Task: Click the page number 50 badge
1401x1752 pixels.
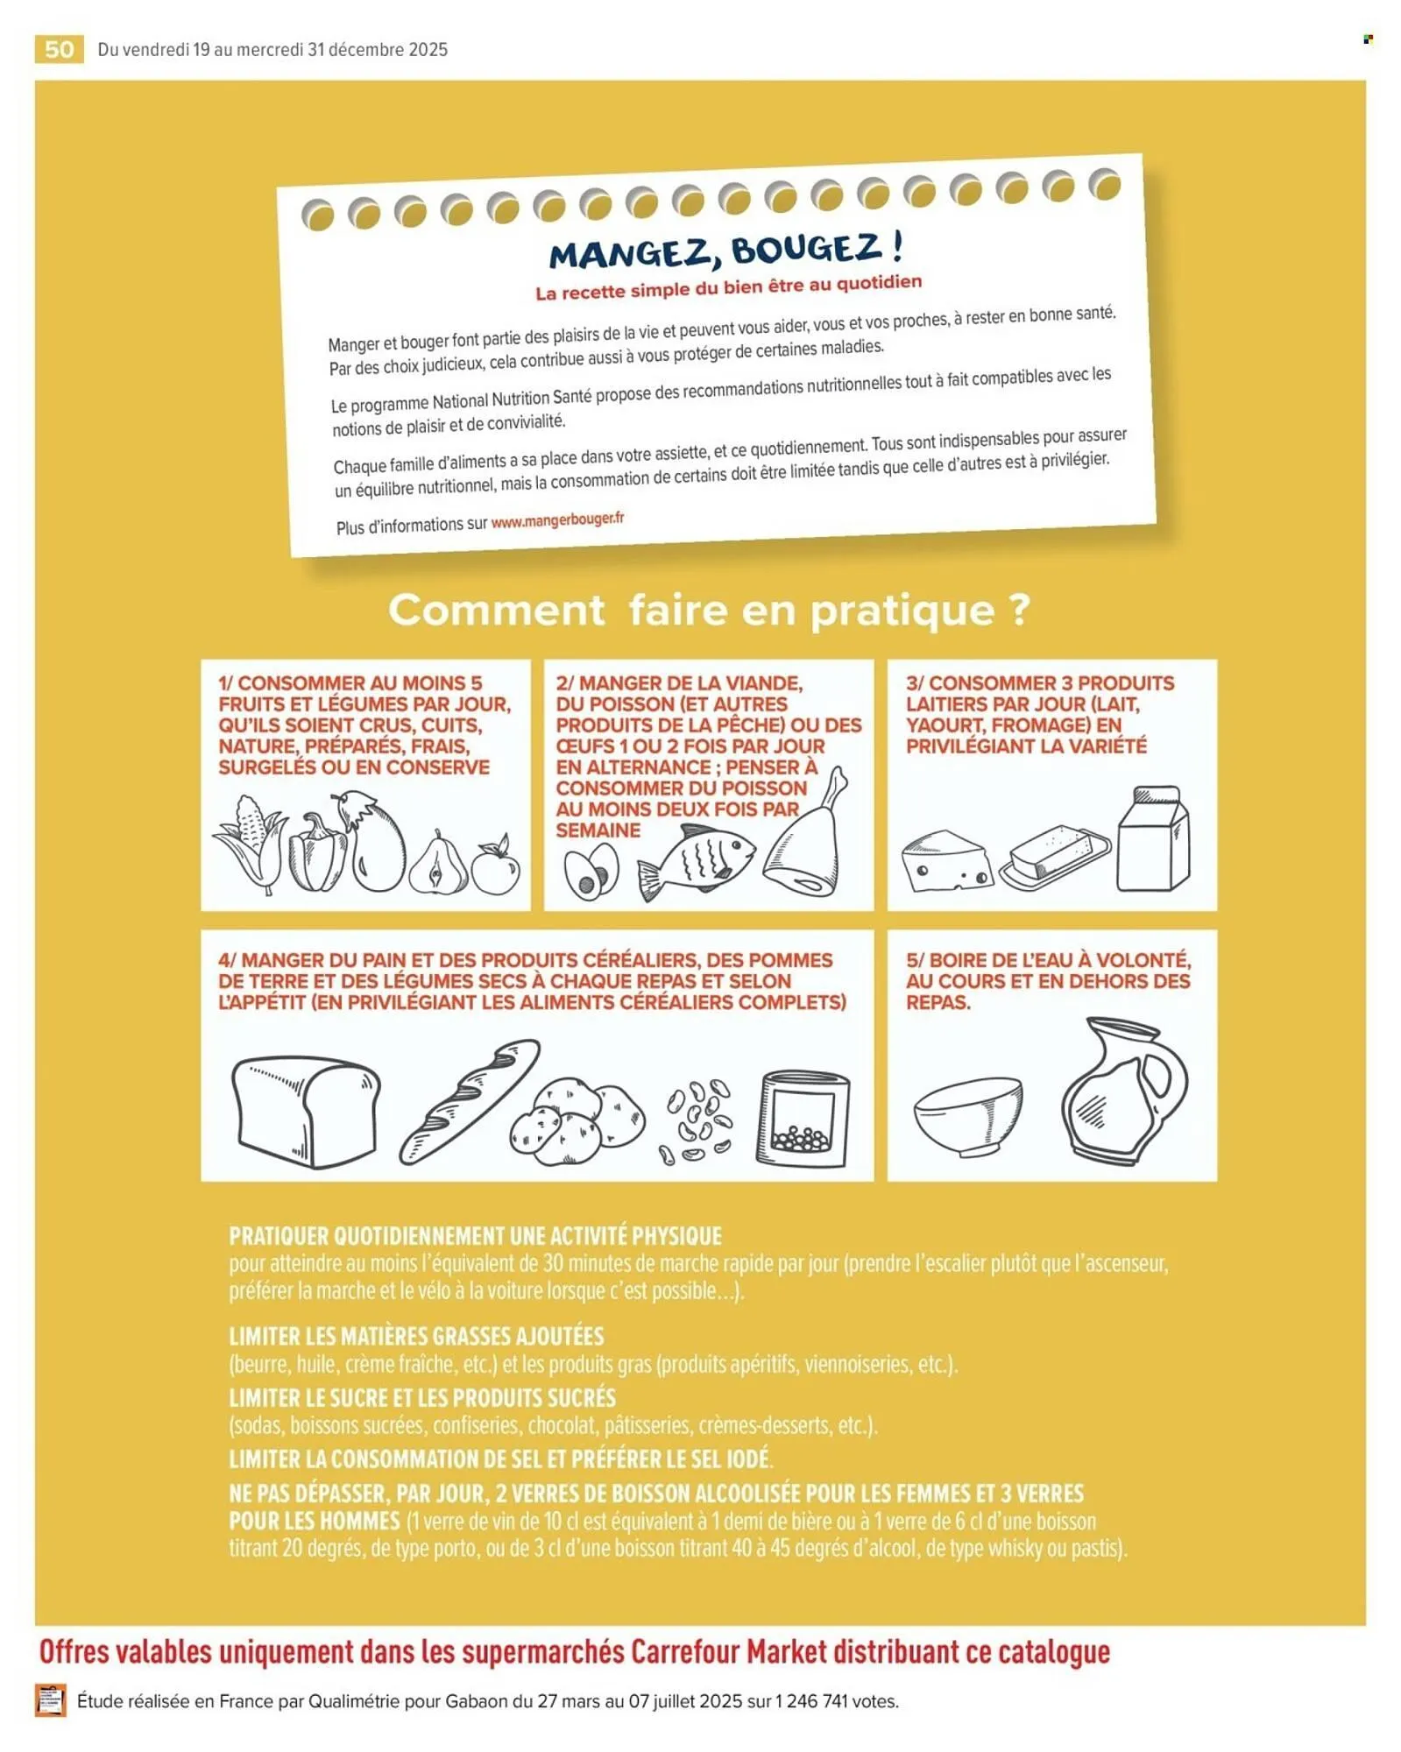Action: point(59,49)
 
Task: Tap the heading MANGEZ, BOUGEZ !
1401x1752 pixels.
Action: point(725,251)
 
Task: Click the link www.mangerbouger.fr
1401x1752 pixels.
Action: point(557,520)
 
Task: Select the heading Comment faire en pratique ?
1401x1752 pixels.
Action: point(709,610)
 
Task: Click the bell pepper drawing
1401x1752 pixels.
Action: point(317,853)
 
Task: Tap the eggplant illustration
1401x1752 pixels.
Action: point(376,842)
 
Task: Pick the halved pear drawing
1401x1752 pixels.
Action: point(438,865)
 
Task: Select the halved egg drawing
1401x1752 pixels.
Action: point(591,872)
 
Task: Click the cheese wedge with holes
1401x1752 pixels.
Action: point(946,861)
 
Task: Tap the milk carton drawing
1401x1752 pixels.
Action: point(1154,839)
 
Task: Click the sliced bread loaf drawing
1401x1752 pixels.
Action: point(306,1112)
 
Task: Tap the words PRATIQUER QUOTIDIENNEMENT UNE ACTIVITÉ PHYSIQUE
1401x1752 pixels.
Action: point(475,1236)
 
